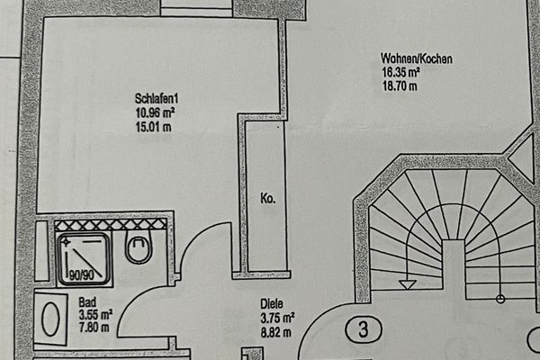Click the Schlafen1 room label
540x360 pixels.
[x=157, y=99]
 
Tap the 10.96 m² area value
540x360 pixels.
[x=156, y=113]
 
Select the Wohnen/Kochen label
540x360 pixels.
[x=417, y=58]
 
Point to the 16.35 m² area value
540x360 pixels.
[x=400, y=73]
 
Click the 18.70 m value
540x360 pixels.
[x=400, y=85]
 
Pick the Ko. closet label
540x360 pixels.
[x=268, y=199]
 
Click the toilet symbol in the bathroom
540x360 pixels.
[x=139, y=247]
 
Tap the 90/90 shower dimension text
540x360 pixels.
[x=81, y=275]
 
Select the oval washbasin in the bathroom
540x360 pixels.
[x=50, y=319]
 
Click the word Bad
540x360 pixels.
[x=87, y=302]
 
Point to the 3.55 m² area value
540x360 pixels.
[x=95, y=315]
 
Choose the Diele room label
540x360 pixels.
[x=272, y=304]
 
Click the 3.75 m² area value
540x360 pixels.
[x=277, y=318]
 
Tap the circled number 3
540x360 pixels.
[x=364, y=329]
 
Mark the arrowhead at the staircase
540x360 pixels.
[x=408, y=285]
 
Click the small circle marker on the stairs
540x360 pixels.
[x=500, y=299]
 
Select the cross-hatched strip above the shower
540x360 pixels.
[x=111, y=225]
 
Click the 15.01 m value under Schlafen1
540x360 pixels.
[x=154, y=127]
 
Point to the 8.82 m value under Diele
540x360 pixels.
[x=276, y=332]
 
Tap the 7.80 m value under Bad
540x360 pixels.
[x=94, y=327]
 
